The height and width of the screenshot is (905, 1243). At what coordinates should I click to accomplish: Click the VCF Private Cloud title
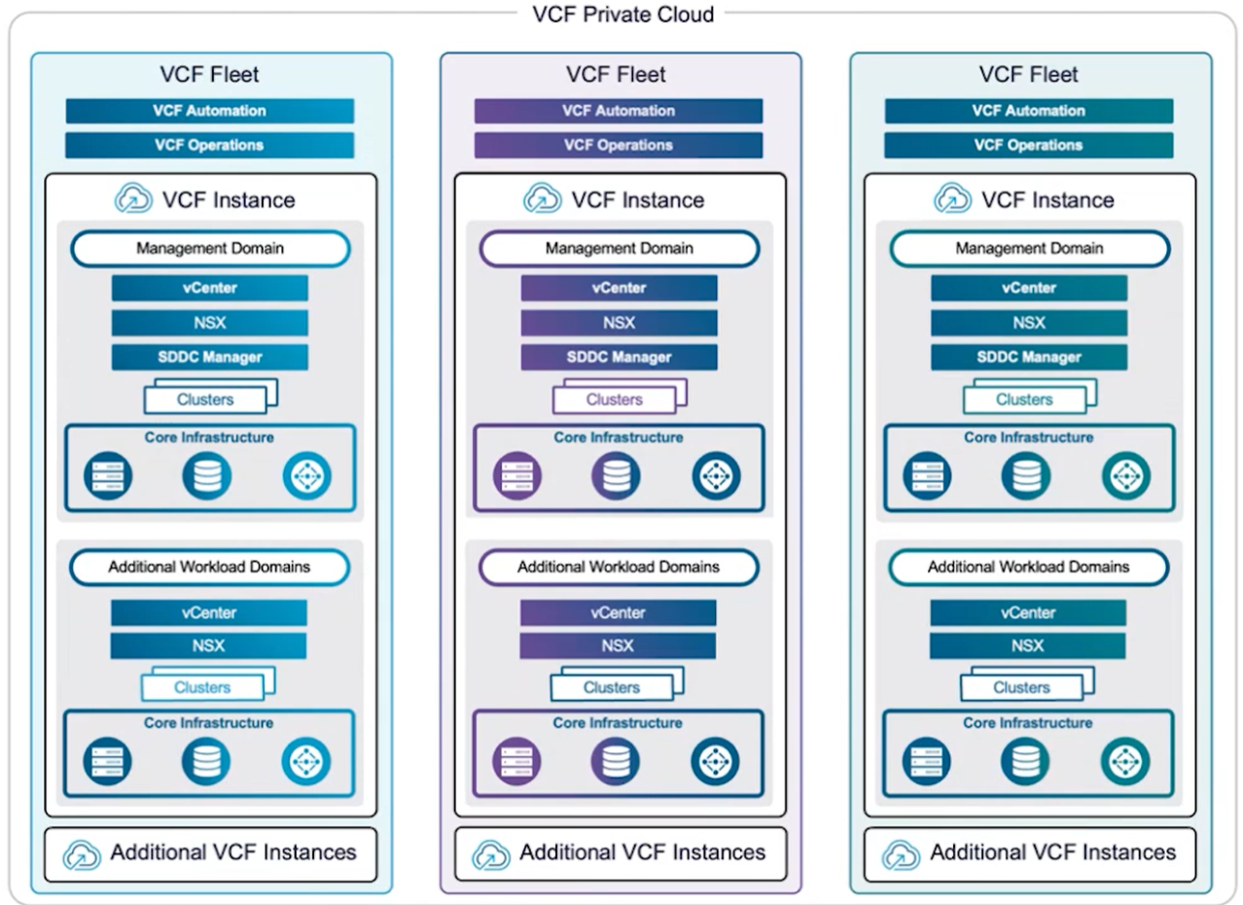click(623, 15)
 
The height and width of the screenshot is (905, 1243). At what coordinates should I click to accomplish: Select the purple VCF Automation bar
click(619, 111)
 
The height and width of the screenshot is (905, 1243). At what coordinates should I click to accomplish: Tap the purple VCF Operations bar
click(619, 145)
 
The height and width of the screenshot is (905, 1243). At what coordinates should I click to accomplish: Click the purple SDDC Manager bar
click(619, 357)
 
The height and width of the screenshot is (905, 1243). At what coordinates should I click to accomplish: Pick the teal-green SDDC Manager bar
click(1029, 357)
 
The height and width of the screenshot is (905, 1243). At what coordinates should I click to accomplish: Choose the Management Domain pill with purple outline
click(620, 249)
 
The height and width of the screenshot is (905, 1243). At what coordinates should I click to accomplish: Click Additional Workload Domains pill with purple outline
click(619, 567)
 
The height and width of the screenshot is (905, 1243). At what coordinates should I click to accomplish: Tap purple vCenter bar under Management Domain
click(619, 289)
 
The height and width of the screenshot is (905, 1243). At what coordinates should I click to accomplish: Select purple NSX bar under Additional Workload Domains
click(618, 646)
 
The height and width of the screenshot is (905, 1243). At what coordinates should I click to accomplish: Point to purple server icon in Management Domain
click(516, 475)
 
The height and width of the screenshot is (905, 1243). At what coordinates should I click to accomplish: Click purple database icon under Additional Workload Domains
click(616, 761)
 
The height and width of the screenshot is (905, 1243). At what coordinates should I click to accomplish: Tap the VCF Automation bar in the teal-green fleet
click(1029, 111)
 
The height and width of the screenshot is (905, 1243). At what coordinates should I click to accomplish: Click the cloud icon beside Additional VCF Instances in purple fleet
click(490, 855)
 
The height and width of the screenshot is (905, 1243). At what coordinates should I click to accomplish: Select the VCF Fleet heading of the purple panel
click(616, 74)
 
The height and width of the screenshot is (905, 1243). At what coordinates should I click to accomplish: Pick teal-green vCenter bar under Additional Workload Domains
click(1028, 612)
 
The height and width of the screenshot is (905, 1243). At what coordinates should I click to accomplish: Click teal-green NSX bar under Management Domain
click(1029, 323)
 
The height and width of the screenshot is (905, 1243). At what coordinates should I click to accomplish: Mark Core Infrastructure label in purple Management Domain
click(619, 437)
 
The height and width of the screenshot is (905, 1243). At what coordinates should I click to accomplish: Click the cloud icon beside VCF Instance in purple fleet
click(542, 198)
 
